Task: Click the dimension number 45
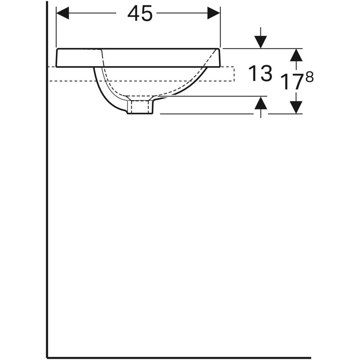point(140,14)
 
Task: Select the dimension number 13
point(260,74)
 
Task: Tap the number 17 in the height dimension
point(292,81)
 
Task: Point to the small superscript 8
point(310,77)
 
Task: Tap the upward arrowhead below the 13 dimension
point(261,103)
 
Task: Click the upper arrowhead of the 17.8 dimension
point(296,55)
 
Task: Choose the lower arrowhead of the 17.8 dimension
point(296,107)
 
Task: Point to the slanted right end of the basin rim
point(219,58)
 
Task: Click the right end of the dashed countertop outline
point(233,74)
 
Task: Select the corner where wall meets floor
point(47,357)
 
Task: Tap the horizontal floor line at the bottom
point(178,358)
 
